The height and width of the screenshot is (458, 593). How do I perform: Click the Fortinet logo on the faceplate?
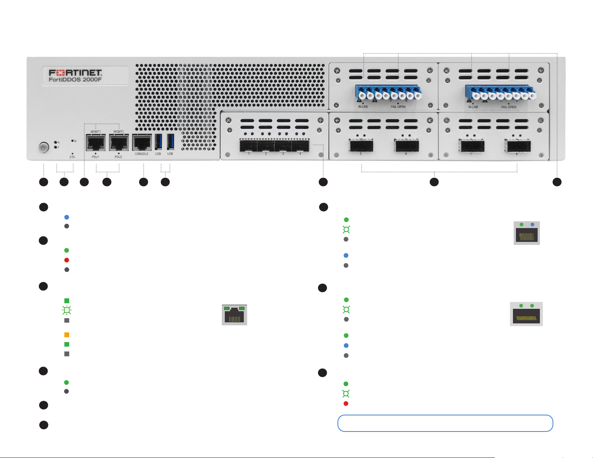[x=75, y=72]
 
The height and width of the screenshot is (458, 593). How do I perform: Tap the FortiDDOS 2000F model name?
[x=75, y=80]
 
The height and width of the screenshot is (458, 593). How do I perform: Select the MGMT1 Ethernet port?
[x=96, y=142]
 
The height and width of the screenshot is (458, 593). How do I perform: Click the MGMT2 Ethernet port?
[x=119, y=142]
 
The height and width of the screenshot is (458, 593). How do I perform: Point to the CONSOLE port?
[x=141, y=142]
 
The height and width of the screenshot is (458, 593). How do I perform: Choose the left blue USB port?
[x=158, y=142]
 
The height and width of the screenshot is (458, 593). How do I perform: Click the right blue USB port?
[x=171, y=142]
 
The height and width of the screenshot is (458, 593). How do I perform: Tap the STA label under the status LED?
[x=72, y=157]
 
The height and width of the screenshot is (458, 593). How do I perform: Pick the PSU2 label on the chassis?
[x=118, y=157]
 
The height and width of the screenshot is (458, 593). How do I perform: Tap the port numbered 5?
[x=361, y=145]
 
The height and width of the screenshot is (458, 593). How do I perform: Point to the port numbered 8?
[x=517, y=146]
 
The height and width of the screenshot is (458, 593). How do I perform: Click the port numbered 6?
[x=406, y=145]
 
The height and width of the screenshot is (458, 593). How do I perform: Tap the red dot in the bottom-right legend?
[x=346, y=404]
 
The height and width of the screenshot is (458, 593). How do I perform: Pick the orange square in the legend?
[x=67, y=335]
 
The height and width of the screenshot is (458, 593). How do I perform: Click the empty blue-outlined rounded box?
[x=445, y=423]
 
